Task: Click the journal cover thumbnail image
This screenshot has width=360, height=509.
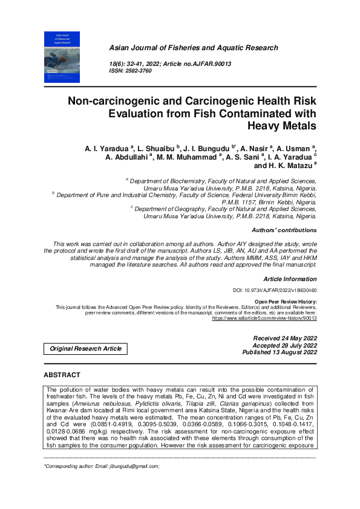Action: (62, 57)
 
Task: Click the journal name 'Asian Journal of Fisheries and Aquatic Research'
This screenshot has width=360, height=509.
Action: (193, 48)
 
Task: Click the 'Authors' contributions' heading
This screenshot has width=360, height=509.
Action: (284, 230)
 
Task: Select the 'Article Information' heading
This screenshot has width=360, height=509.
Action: (290, 279)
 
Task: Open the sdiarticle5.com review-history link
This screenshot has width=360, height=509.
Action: (264, 317)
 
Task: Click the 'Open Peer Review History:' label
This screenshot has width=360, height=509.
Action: (286, 301)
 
